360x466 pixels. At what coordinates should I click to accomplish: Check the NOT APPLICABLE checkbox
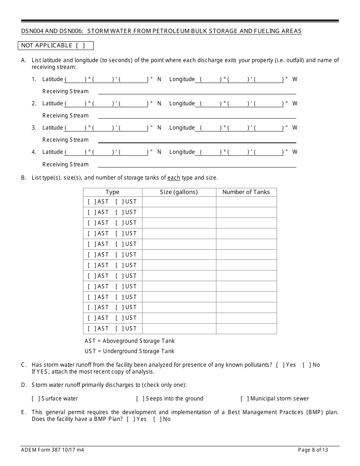coord(80,46)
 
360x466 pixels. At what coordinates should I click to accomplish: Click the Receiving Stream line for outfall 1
coord(197,92)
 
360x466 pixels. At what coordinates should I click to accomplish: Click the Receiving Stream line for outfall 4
coord(197,165)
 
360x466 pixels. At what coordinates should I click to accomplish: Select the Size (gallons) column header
coord(179,192)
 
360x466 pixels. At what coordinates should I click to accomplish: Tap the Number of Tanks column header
coord(246,192)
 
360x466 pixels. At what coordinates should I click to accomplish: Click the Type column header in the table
coord(113,192)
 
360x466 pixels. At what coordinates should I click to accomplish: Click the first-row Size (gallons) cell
coord(179,202)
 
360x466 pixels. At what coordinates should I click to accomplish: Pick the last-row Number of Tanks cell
coord(246,329)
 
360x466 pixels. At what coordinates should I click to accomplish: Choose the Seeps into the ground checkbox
coord(140,399)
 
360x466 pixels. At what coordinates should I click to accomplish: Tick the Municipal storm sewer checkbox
coord(245,399)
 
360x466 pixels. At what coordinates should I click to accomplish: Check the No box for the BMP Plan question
coord(157,419)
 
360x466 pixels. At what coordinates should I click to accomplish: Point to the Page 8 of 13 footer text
coord(313,450)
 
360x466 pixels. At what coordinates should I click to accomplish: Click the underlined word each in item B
coord(174,178)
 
